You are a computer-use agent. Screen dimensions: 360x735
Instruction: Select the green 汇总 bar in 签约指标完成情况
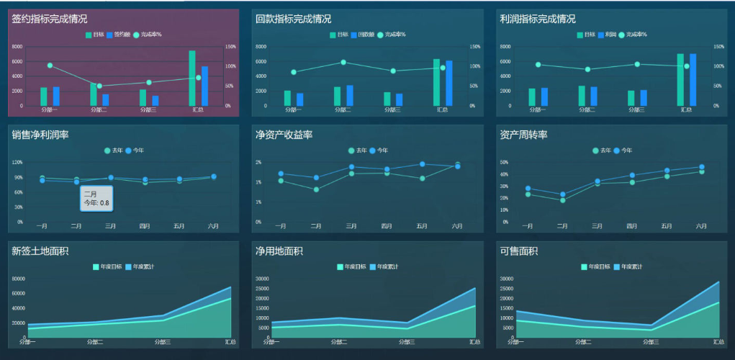(192, 78)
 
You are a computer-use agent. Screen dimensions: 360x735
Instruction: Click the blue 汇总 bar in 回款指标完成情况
(449, 83)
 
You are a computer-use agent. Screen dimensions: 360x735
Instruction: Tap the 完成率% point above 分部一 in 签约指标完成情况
(50, 66)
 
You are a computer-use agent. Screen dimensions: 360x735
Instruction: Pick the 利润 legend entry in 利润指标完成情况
(605, 35)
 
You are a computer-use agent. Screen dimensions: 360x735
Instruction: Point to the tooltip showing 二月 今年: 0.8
(96, 199)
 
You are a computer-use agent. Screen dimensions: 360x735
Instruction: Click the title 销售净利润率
(40, 135)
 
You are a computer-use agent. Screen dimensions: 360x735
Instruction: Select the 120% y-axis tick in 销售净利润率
(18, 163)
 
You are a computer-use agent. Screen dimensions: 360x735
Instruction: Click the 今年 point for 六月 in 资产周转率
(701, 167)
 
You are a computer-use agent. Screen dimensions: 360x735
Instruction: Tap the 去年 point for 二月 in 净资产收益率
(316, 189)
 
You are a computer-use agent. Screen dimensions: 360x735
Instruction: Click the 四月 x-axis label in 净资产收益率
(387, 226)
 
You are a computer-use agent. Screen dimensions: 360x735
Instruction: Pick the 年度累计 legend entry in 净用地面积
(382, 267)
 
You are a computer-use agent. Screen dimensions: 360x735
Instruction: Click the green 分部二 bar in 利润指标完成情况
(582, 96)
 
